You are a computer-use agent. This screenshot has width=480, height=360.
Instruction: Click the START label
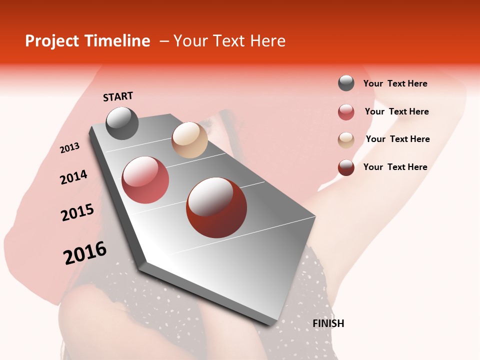118,96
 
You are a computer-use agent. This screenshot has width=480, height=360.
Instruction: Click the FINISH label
328,323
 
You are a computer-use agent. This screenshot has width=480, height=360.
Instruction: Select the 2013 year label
70,148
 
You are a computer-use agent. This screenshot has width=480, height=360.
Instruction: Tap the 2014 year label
73,177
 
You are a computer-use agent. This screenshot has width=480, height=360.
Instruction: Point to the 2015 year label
77,212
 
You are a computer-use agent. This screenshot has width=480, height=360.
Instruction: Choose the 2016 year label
85,253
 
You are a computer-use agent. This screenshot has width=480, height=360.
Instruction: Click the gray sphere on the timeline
122,123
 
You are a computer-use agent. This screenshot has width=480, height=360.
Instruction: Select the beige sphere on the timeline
189,140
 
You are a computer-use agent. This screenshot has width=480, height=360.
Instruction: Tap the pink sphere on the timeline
145,180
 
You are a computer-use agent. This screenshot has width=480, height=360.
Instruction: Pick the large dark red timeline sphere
216,207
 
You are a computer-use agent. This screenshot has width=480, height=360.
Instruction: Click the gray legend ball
346,83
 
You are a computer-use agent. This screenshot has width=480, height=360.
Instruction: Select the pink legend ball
346,112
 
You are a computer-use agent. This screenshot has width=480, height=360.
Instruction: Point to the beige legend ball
346,140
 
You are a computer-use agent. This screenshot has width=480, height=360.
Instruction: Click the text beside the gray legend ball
395,84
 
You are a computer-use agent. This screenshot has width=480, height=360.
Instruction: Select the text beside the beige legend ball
397,139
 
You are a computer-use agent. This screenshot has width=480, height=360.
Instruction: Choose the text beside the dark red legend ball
395,167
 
